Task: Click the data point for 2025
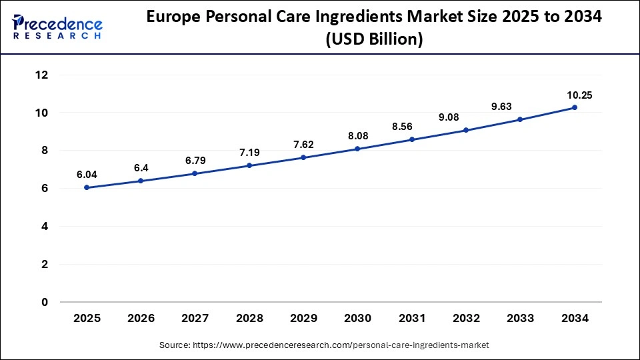point(87,187)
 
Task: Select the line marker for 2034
point(575,107)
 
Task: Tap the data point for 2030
point(358,149)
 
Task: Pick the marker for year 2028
point(249,165)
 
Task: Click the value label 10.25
point(575,95)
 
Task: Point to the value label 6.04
point(87,175)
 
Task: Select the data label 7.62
point(303,145)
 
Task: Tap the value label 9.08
point(466,117)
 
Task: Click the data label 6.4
point(141,168)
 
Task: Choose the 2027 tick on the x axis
point(195,319)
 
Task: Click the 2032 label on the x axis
point(466,319)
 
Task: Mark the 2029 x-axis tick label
point(303,319)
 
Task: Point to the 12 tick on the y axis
point(41,75)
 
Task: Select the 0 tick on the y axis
point(44,302)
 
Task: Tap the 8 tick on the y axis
point(44,151)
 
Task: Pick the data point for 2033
point(520,119)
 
